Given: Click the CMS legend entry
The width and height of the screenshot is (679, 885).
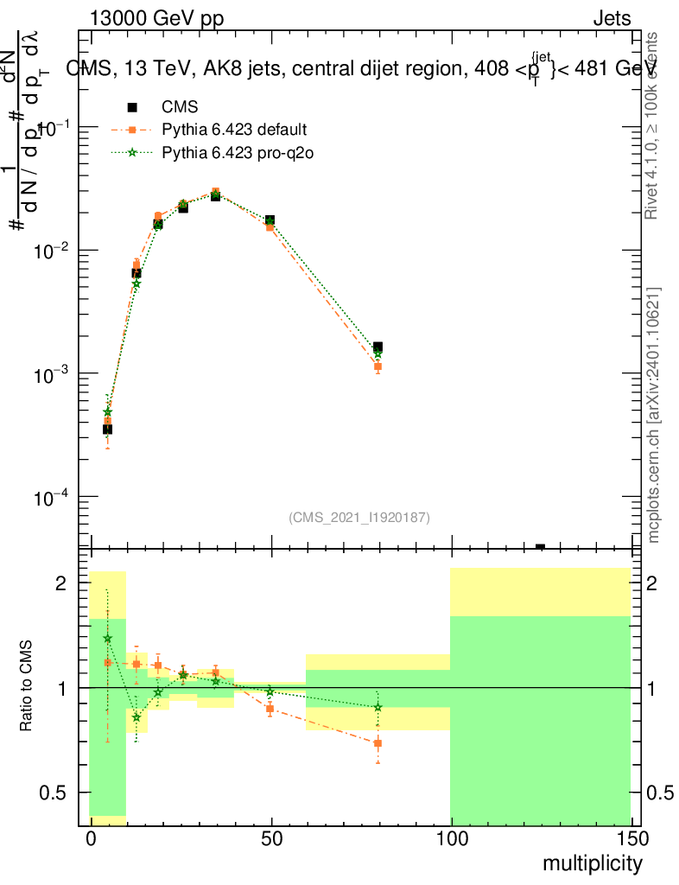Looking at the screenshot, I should tap(180, 107).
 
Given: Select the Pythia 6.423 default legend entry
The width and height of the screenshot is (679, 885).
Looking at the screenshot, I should tap(233, 131).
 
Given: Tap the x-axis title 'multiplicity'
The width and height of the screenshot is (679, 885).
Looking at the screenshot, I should tap(592, 863).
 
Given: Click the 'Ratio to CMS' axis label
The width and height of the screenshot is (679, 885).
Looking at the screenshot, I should tap(26, 687).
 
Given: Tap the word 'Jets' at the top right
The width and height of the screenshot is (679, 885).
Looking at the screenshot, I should tap(611, 18).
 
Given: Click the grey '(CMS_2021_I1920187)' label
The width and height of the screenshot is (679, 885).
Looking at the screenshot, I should tap(359, 517).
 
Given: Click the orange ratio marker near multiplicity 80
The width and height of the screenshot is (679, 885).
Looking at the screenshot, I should tap(378, 743).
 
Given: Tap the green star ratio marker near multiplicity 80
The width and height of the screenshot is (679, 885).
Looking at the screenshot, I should tap(378, 707).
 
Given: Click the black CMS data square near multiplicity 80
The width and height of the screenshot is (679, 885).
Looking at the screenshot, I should tap(378, 347).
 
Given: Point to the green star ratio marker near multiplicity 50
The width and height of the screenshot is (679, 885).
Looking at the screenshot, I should tap(270, 691).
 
